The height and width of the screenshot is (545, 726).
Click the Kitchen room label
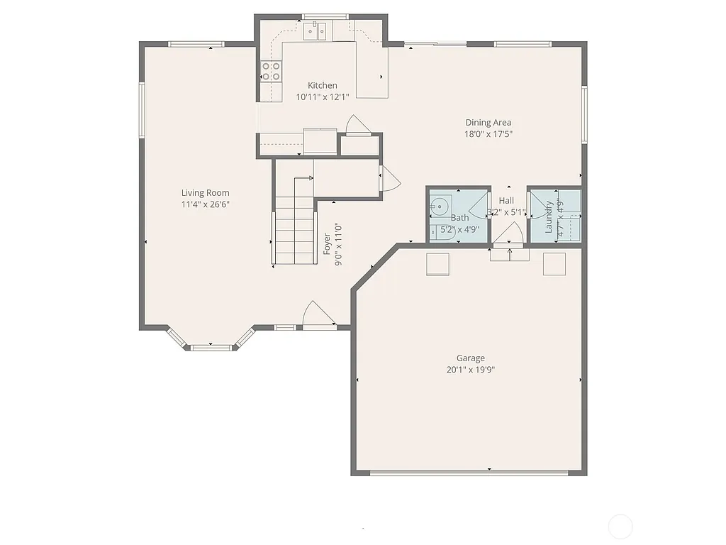coord(322,85)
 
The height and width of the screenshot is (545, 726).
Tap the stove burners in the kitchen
coord(272,70)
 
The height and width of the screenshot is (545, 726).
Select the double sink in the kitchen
coord(315,30)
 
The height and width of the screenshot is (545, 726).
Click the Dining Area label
coord(488,122)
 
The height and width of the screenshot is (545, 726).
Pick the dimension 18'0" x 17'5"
coord(488,133)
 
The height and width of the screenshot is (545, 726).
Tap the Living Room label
coord(205,192)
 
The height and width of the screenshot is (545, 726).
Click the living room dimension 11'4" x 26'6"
coord(205,204)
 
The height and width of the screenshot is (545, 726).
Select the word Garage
coord(470,358)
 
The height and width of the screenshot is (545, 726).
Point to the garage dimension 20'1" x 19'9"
coord(470,370)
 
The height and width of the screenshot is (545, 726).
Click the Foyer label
coord(327,244)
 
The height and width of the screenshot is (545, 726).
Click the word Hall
coord(506,201)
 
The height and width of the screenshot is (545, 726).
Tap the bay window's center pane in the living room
coord(211,347)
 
